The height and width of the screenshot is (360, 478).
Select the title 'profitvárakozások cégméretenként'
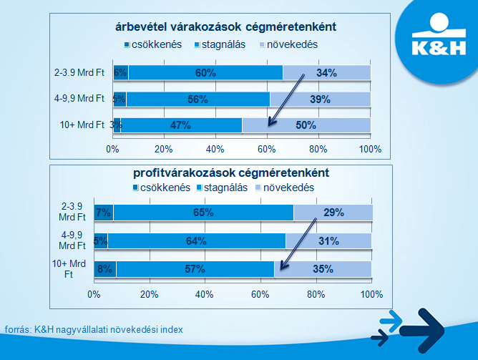[x=230, y=172]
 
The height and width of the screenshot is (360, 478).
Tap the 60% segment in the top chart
[x=205, y=72]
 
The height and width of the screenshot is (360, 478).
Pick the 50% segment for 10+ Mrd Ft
[x=306, y=125]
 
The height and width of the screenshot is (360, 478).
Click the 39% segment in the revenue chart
[x=320, y=99]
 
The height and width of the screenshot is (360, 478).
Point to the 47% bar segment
[x=182, y=125]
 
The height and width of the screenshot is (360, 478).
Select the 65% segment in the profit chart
[x=203, y=212]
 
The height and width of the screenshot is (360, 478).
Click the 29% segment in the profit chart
[x=333, y=212]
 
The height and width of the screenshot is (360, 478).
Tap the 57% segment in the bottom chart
[x=195, y=269]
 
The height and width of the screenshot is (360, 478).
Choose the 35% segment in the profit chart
[x=323, y=269]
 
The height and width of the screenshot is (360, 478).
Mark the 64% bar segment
[x=197, y=240]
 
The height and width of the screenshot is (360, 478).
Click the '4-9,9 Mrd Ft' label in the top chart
[x=80, y=99]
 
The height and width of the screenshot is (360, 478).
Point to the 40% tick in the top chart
[x=215, y=149]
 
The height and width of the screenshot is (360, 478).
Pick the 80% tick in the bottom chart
[x=316, y=293]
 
